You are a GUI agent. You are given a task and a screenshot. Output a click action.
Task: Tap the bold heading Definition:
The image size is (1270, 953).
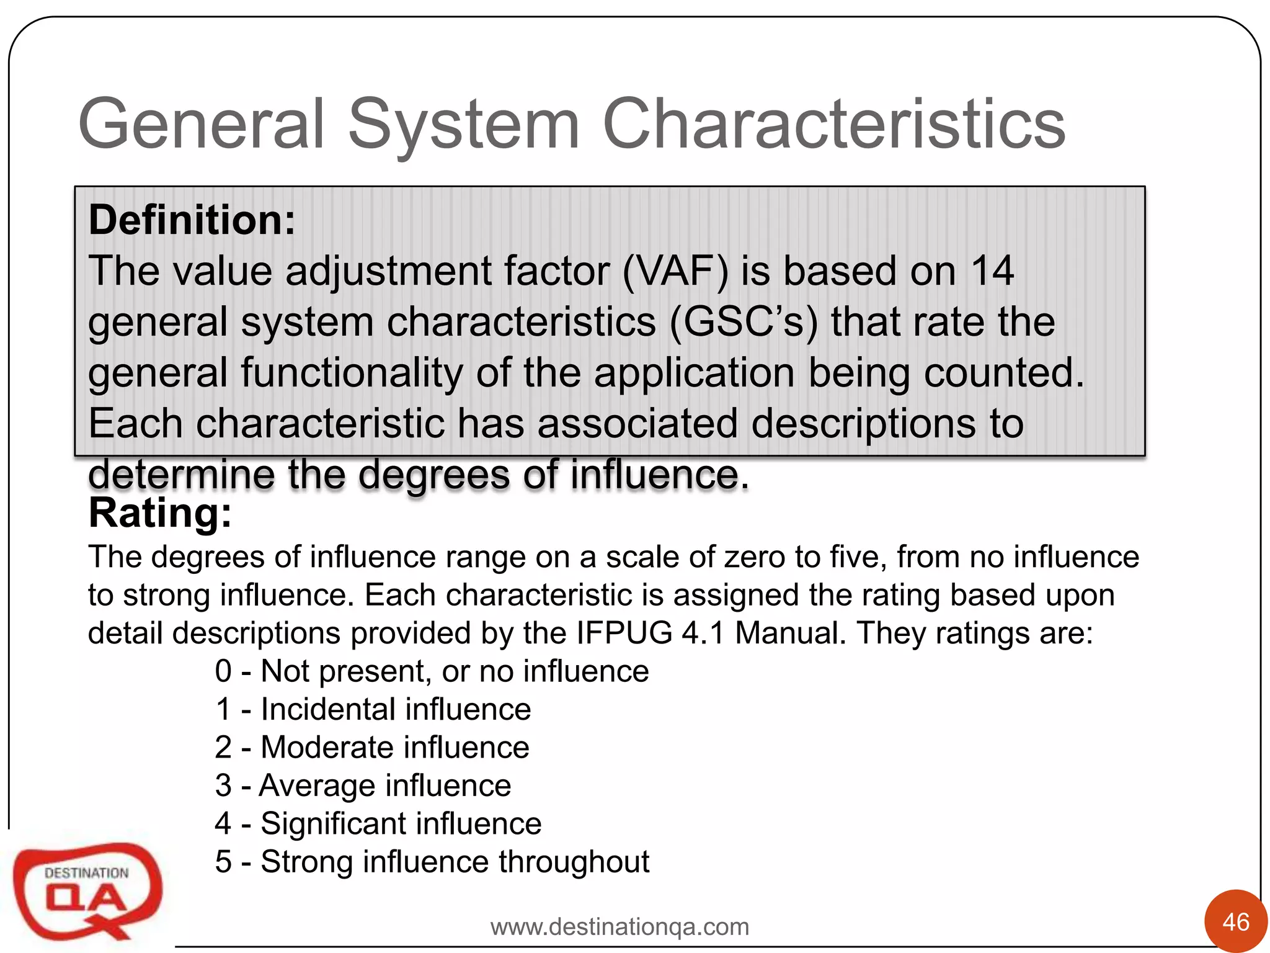[192, 220]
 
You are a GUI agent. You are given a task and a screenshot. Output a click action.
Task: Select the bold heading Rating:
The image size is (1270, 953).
[160, 514]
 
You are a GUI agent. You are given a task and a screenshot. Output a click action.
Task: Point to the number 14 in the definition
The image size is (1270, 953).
[992, 271]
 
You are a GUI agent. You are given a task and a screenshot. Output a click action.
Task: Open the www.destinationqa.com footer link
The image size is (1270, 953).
[619, 927]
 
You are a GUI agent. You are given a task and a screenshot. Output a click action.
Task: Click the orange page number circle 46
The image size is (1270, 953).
[1235, 922]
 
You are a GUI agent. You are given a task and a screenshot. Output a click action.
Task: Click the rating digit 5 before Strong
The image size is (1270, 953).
[223, 862]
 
